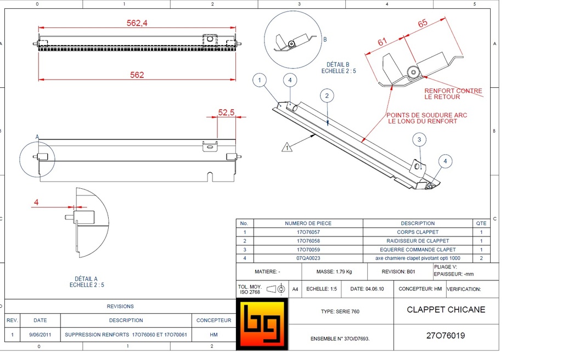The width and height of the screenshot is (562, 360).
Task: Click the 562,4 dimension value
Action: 137,23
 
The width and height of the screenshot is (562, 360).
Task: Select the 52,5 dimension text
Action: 226,113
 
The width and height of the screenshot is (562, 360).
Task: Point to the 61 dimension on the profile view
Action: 383,42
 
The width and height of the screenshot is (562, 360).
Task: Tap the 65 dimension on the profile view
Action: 423,24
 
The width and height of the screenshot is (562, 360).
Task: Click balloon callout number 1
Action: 260,81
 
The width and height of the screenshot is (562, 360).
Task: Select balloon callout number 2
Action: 327,96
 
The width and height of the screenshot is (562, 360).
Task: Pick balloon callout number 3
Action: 419,140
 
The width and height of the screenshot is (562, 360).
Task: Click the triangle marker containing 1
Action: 286,147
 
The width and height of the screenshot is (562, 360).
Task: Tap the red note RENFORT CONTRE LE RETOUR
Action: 453,94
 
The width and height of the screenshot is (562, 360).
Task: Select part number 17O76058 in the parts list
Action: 308,241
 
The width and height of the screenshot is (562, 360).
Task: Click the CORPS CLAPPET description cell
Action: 418,232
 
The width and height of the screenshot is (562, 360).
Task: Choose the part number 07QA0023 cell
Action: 308,258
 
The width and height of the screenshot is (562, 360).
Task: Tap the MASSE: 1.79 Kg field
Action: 334,272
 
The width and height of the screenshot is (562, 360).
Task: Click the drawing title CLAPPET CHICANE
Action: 446,310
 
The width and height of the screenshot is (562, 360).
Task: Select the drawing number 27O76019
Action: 445,335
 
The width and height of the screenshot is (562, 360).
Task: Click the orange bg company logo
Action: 262,324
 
